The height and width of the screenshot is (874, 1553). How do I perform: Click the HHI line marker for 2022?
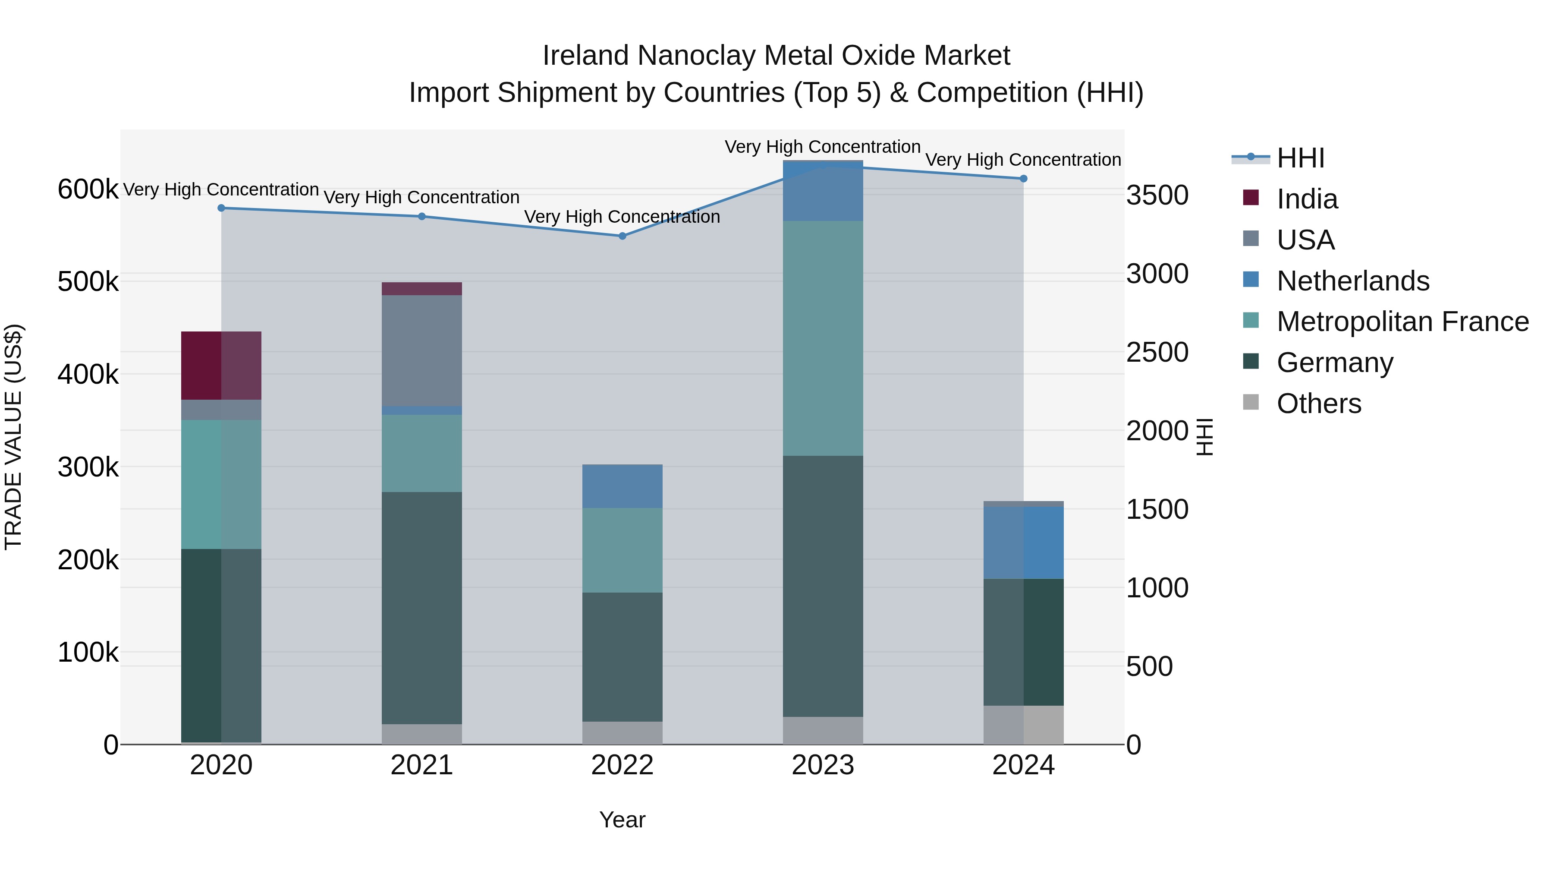(x=622, y=236)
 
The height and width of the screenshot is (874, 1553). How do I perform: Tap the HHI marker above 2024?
(x=1023, y=179)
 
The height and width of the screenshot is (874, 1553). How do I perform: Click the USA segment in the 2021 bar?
(x=421, y=350)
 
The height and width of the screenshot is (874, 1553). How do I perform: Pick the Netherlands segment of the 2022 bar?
(x=622, y=486)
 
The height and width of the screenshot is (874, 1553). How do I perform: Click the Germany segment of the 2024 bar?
(x=1023, y=642)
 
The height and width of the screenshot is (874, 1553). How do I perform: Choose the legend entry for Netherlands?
(x=1352, y=281)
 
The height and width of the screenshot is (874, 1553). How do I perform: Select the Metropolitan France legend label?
(x=1402, y=322)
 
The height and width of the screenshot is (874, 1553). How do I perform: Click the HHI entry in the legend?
(x=1300, y=158)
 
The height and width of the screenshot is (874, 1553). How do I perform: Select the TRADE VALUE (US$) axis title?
(x=13, y=437)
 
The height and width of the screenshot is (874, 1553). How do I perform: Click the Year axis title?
(x=622, y=820)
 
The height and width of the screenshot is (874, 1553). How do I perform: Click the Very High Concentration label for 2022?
(x=622, y=217)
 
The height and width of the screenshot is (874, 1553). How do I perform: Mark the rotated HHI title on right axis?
(x=1204, y=437)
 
